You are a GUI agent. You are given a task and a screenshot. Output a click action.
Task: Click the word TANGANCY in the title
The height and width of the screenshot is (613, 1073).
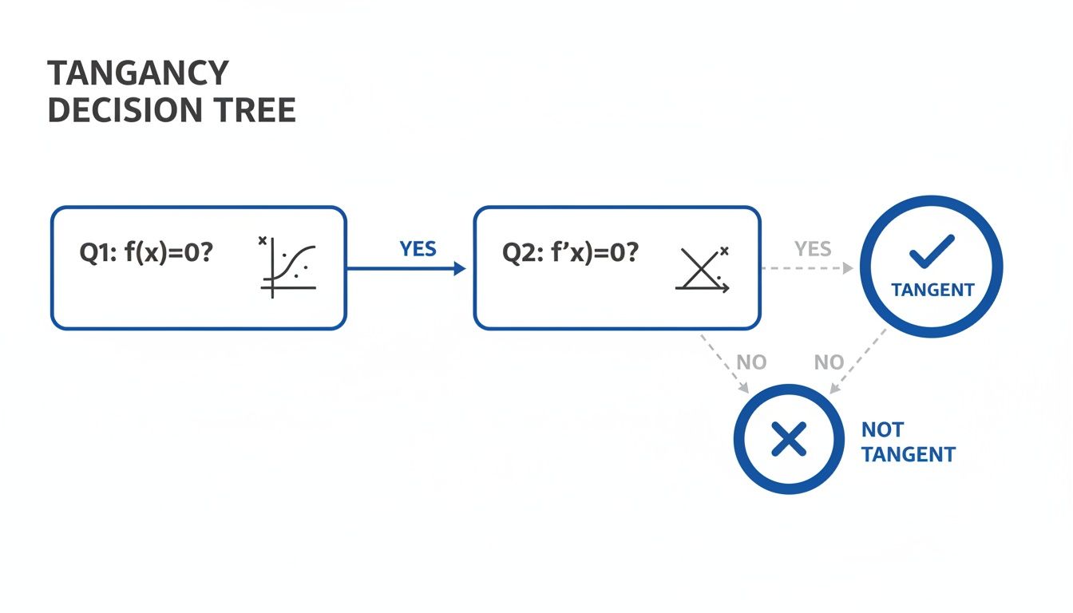pos(138,73)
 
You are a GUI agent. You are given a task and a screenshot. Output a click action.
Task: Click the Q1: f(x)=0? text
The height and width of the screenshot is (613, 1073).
pos(146,253)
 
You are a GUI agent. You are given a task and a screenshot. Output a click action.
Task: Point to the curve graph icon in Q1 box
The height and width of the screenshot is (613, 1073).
pos(288,267)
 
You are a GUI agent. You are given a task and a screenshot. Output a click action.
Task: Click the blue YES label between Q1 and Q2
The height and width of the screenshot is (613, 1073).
pos(418,249)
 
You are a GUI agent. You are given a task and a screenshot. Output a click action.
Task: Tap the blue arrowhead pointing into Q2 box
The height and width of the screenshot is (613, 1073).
pos(459,269)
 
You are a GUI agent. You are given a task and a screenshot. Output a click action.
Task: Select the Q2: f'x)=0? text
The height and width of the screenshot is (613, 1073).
pos(570,253)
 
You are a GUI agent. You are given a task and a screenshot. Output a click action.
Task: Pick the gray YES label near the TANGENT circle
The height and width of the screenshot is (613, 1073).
pos(813,249)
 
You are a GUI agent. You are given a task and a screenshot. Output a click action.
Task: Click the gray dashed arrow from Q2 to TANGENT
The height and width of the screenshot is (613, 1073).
pos(806,269)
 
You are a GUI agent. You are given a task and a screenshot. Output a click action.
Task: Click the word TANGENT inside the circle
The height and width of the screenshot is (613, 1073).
pos(932,289)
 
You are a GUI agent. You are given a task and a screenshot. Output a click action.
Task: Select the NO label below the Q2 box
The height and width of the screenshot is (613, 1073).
pos(751,362)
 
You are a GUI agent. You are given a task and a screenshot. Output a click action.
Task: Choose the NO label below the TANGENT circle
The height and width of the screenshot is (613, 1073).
pos(829,362)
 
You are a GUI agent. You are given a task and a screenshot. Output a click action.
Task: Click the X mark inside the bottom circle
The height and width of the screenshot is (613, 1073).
pos(789,440)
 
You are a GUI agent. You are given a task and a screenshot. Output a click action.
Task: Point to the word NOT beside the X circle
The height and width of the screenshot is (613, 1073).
pos(882,430)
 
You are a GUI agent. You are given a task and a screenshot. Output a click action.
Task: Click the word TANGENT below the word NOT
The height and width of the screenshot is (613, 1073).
pos(909,455)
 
